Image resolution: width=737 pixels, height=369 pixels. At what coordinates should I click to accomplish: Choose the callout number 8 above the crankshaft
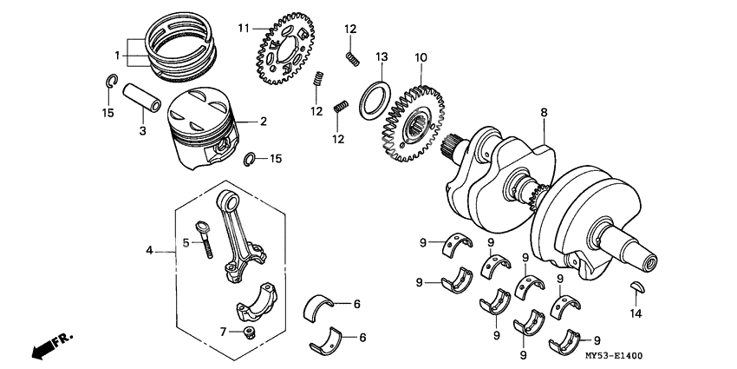click(x=544, y=112)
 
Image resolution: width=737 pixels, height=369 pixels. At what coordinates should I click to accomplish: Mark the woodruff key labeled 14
click(x=635, y=287)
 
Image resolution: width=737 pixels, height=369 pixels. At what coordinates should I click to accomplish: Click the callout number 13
click(x=380, y=57)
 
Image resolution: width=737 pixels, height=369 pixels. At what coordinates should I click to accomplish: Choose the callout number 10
click(x=421, y=58)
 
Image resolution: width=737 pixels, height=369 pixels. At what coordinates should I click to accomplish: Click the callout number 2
click(x=264, y=122)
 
